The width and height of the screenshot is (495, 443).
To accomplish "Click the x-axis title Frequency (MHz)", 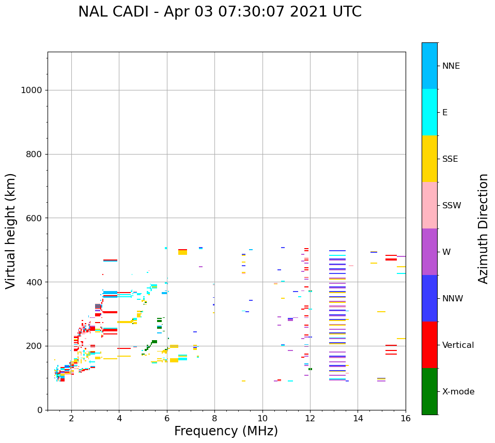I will (226, 431).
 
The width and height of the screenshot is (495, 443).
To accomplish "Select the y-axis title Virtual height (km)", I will (11, 231).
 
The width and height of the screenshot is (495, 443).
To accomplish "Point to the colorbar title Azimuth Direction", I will (483, 228).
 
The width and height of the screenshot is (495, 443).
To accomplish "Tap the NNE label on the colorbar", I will (451, 66).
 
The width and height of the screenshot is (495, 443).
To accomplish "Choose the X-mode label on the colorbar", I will (458, 392).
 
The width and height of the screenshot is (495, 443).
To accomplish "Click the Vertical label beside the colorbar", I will (458, 345).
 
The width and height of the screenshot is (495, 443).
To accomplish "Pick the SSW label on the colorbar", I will (451, 206).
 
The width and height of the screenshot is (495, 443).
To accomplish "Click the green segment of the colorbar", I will (429, 391).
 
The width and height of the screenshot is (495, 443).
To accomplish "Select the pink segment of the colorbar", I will (429, 205).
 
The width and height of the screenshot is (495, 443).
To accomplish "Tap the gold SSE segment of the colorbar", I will (429, 159).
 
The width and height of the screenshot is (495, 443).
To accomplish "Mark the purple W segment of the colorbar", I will (429, 252).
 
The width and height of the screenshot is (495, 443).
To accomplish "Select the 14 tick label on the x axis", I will (358, 418).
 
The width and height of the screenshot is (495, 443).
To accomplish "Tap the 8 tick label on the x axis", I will (214, 418).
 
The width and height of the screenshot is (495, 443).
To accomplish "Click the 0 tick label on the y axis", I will (39, 410).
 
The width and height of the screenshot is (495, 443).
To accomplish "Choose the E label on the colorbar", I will (445, 113).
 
